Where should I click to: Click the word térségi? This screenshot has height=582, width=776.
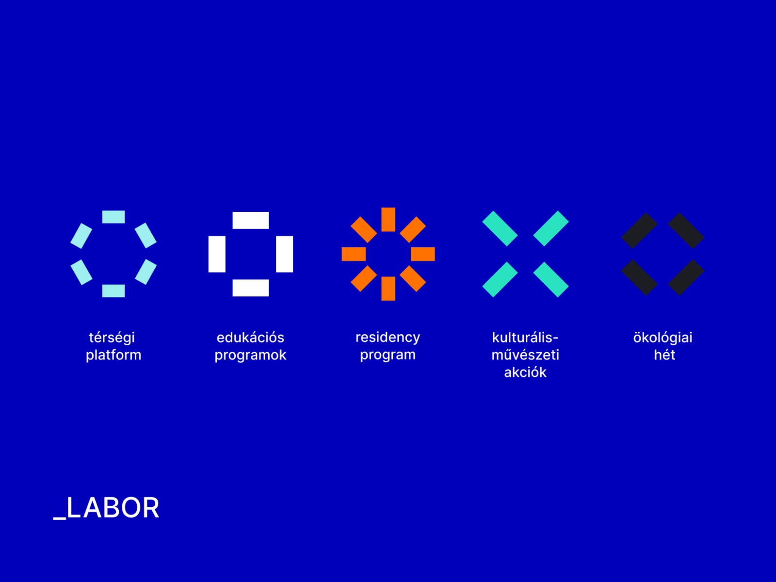click(112, 338)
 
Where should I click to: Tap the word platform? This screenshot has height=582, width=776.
click(113, 355)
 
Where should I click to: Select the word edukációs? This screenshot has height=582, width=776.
click(250, 338)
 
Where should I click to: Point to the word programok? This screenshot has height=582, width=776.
click(250, 355)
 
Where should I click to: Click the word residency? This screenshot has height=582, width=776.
click(388, 338)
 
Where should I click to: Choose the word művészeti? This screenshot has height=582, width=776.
click(525, 355)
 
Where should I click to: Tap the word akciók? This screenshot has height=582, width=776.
click(525, 372)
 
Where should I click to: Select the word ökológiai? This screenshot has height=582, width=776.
click(663, 338)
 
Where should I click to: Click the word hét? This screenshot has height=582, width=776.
click(664, 355)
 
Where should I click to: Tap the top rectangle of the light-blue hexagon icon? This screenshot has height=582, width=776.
click(113, 217)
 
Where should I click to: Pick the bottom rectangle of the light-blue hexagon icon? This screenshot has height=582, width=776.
click(113, 291)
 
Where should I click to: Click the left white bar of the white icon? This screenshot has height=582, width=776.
click(217, 254)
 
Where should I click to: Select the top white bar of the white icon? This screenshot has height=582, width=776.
click(251, 221)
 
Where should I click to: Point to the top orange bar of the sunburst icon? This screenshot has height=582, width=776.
click(388, 219)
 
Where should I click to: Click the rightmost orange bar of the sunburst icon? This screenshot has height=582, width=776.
click(423, 254)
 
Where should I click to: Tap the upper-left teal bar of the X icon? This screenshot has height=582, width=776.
click(500, 228)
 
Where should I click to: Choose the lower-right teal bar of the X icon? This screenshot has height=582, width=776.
click(551, 279)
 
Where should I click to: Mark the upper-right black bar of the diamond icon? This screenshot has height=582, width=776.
click(686, 230)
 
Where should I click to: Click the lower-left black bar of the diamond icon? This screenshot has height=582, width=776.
click(639, 277)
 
